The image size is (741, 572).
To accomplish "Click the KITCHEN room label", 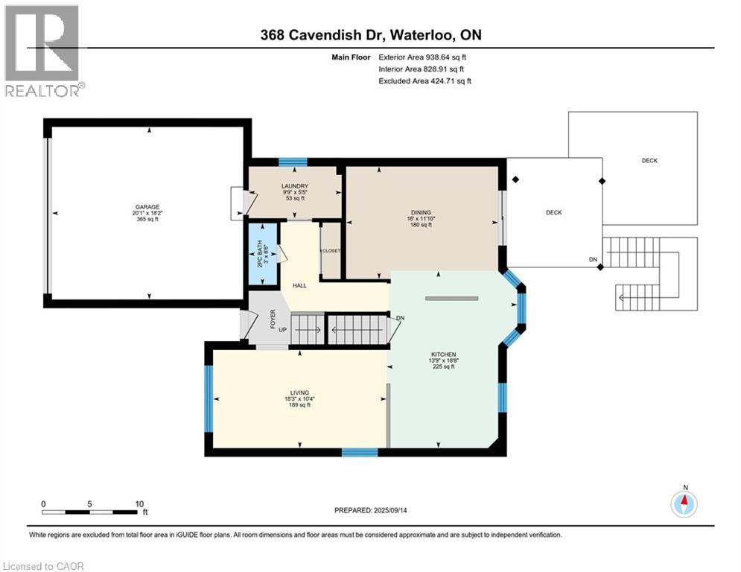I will click(x=442, y=355).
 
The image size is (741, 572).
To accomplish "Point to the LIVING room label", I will click(x=299, y=393).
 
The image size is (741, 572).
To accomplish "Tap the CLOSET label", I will click(x=331, y=251).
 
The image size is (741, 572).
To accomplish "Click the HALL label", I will click(x=299, y=285).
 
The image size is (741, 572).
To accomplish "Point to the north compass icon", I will click(x=684, y=503).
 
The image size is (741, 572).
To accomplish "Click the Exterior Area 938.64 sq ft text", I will click(x=422, y=57).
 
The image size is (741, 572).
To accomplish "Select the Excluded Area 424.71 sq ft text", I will click(x=424, y=81).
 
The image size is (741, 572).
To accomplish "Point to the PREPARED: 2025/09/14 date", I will click(x=370, y=510).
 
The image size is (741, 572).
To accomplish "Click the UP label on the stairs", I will click(x=283, y=329).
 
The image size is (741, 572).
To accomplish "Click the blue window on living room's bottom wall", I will click(x=360, y=451).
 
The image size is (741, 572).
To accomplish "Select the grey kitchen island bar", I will click(x=451, y=298).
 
